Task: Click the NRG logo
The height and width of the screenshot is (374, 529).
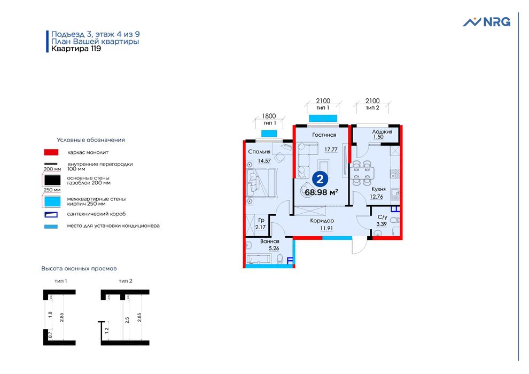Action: pos(486,22)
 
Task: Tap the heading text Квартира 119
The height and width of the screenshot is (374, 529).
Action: pos(76,49)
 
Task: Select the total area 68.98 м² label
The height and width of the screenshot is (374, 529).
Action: pos(321,192)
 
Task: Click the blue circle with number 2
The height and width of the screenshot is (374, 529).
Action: pos(321,178)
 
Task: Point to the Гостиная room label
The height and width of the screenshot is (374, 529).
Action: pos(324,135)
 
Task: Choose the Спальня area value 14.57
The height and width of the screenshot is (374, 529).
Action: pos(264,161)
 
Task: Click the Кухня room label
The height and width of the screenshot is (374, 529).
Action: pos(378,189)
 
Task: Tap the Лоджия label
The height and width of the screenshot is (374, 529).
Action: pos(383,131)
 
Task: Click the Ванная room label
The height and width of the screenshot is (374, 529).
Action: pos(270,241)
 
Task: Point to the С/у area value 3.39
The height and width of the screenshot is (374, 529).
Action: pos(382,224)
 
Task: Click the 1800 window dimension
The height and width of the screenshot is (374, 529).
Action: pos(268,116)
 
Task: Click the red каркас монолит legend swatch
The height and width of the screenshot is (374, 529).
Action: pos(51,152)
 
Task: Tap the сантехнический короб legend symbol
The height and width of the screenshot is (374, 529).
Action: pos(51,214)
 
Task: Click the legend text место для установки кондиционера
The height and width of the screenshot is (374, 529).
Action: pos(113,225)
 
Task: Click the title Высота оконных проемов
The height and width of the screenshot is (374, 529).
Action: pos(79,268)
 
